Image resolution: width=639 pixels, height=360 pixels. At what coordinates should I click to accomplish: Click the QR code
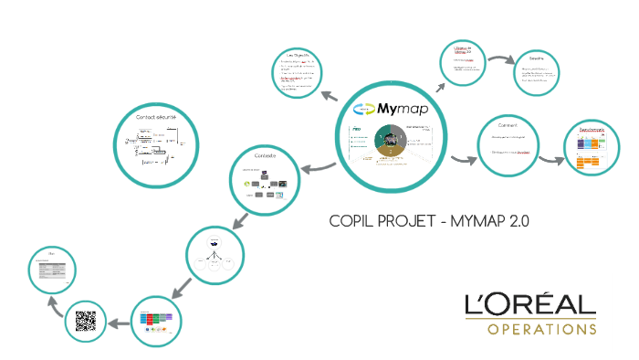coord(86,322)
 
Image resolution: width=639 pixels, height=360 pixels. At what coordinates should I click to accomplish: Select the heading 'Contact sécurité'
coord(156,118)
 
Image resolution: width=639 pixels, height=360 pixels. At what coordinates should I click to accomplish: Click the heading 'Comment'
coord(508,124)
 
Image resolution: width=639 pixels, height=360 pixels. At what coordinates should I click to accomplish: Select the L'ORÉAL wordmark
coord(529,304)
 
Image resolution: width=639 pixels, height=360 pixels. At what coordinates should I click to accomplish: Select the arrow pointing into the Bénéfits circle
coord(502,62)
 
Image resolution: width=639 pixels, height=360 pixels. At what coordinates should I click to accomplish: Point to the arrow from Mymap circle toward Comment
coord(463,162)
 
